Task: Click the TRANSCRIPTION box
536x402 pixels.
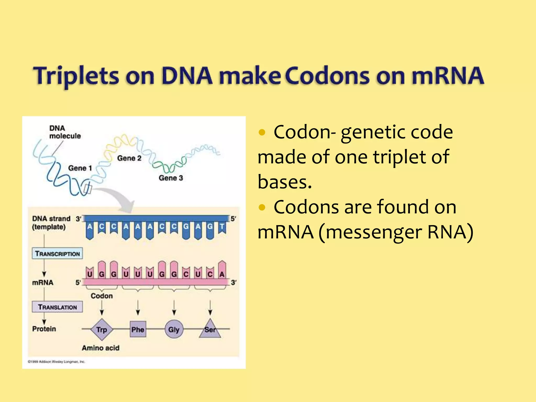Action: pos(57,253)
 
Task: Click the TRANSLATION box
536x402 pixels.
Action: pos(57,307)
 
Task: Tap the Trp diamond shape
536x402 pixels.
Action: pos(102,329)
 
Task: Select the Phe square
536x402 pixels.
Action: pos(138,329)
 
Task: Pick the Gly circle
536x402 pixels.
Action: pos(174,329)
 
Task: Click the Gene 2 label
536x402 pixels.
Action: pos(129,158)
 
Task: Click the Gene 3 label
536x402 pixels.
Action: pos(171,178)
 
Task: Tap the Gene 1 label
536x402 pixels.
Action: pos(80,168)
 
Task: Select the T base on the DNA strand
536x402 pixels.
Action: pos(222,227)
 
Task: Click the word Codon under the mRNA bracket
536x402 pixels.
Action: pos(102,296)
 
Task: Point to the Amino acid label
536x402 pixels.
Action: pos(100,348)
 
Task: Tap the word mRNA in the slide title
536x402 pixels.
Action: pos(448,76)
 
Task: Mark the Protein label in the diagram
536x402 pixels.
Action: pos(44,329)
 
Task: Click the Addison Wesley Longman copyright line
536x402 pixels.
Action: pos(56,362)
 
